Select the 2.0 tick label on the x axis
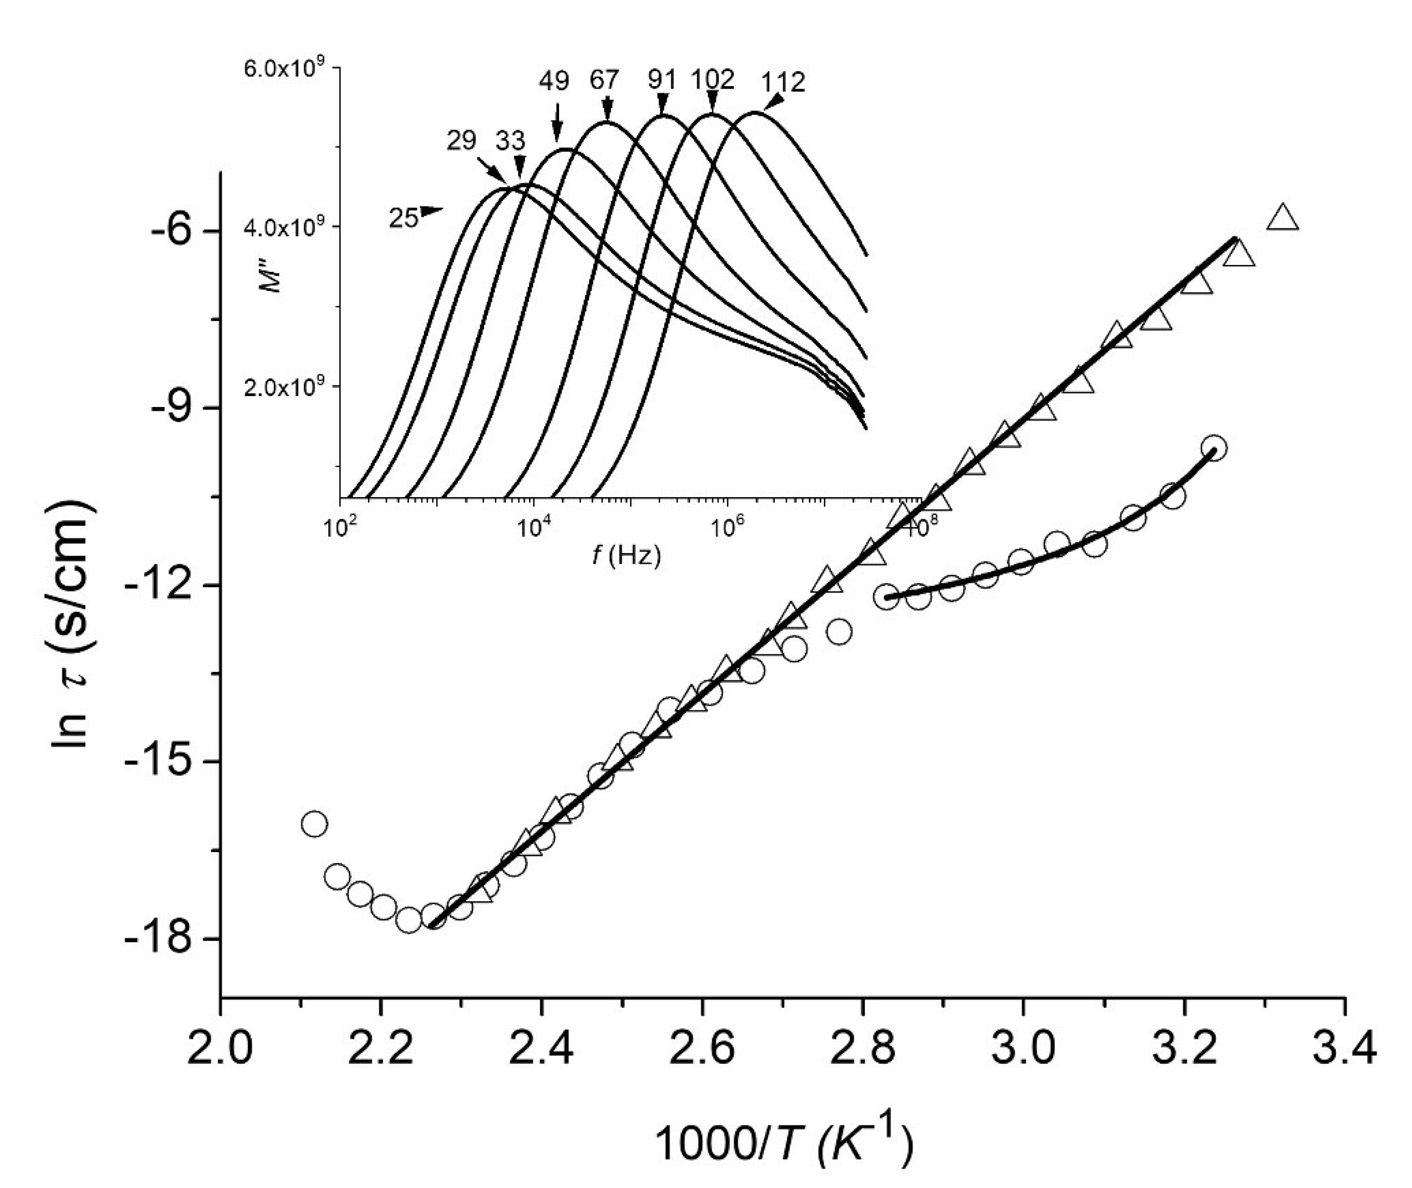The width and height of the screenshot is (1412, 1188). pos(220,1049)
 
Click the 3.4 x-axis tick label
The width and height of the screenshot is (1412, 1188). pos(1344,1049)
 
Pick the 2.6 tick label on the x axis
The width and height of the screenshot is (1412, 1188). pos(702,1049)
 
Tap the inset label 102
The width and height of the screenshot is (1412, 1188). pos(712,80)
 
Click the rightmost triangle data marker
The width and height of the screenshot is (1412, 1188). pos(1282,220)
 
